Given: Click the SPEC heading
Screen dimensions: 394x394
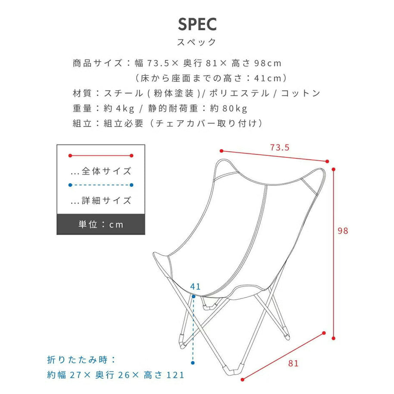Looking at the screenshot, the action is (197, 24).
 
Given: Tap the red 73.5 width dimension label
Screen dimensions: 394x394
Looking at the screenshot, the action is (280, 147).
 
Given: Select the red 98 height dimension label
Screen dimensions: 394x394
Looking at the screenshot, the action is (343, 231).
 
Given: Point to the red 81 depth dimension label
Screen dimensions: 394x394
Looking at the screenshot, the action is (293, 363).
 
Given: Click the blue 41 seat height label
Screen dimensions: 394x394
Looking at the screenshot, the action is (195, 287).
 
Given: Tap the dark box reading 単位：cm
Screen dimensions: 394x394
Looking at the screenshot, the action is (101, 225).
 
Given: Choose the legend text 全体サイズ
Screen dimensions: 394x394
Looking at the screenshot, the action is (106, 172).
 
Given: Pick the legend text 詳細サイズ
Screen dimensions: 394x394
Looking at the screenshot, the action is (106, 201).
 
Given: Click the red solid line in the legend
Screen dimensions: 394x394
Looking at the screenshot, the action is (101, 156).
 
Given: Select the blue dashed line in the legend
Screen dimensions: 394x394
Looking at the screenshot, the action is (101, 185).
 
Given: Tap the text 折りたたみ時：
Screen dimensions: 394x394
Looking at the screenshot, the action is (81, 360).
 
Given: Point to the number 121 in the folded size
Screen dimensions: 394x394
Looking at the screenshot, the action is (175, 375).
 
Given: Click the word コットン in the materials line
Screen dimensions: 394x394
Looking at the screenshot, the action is (300, 94).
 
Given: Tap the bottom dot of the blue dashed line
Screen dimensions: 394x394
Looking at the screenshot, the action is (193, 363).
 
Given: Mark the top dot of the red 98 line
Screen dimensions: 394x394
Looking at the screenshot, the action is (334, 169).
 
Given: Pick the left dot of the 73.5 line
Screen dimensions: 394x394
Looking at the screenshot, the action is (222, 151).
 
